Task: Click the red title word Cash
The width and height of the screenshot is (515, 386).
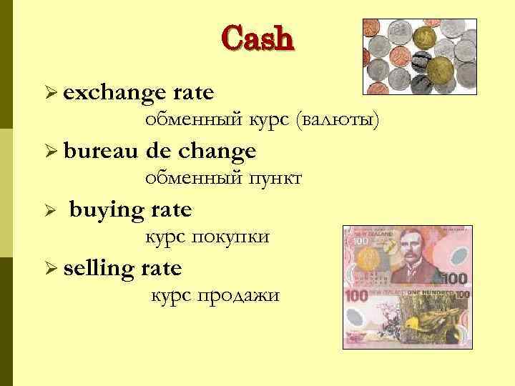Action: click(257, 39)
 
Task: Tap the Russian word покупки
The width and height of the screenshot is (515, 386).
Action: click(233, 237)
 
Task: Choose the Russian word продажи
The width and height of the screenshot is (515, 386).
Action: click(244, 296)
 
